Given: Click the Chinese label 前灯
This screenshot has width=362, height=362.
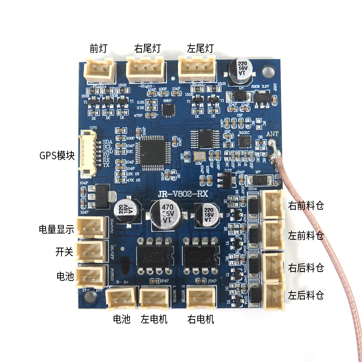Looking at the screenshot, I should (x=98, y=48).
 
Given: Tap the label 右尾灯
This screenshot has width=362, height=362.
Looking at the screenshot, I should (x=147, y=48).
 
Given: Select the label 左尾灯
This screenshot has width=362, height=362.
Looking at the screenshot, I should (x=200, y=48).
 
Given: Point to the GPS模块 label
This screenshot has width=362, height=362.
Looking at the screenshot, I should (x=57, y=156).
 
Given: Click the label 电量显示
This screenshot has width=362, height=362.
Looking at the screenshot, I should (x=56, y=229).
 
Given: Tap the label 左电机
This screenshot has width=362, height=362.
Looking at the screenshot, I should (x=154, y=319).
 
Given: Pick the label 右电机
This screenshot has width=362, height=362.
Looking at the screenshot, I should (x=201, y=319).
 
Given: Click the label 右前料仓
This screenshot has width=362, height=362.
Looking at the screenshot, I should (x=306, y=206).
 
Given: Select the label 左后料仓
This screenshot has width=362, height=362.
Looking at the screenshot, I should (x=306, y=295).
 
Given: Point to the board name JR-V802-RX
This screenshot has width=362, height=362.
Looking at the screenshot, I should (x=182, y=194).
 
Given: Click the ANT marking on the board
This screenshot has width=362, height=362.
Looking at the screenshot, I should (x=272, y=134).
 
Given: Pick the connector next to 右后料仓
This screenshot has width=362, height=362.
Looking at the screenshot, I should (x=273, y=266).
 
